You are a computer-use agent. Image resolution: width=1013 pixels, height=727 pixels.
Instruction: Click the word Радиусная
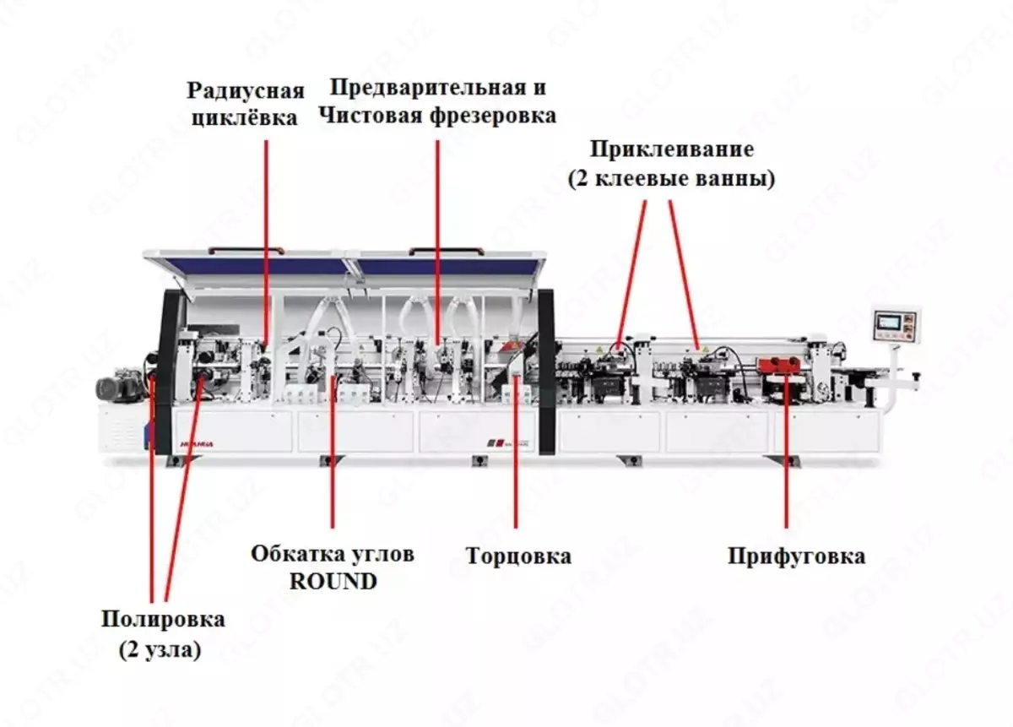246,90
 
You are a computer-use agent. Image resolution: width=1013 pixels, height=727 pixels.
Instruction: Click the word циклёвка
245,118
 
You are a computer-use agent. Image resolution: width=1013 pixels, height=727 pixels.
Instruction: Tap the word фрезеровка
493,116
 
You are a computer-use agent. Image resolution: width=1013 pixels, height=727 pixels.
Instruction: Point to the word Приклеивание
672,149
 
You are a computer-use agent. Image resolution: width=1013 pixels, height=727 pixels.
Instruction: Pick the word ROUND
333,581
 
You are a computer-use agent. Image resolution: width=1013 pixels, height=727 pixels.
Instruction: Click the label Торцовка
518,555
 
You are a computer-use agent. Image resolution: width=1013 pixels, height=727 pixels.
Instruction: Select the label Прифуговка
796,556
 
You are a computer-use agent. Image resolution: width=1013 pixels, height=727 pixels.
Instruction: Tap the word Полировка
163,619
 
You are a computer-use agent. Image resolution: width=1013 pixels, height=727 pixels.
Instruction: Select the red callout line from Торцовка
516,451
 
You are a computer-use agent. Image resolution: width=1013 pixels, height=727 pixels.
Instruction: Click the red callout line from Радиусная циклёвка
266,243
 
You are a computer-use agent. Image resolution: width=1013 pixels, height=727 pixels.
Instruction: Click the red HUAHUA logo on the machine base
197,444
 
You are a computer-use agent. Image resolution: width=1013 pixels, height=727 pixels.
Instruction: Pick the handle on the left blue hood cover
246,250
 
